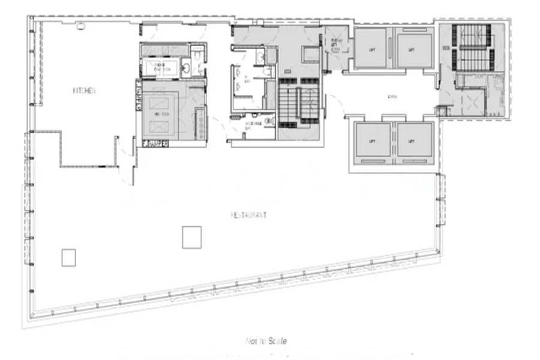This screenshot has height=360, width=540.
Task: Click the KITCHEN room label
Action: point(85,91)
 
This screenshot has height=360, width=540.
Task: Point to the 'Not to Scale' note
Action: point(266,341)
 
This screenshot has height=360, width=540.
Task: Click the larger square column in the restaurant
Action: point(191,237)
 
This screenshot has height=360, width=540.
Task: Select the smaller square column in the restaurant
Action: point(68,257)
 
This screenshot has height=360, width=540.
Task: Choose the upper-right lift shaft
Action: point(413,50)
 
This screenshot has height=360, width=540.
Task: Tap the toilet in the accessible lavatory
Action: point(268,120)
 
